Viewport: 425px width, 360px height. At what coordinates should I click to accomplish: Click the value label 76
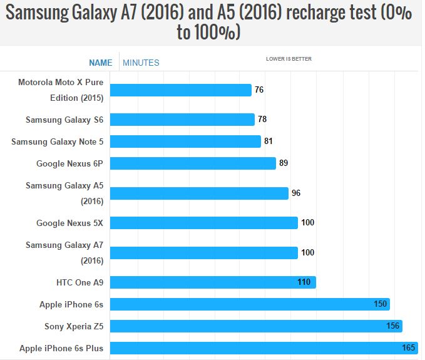(x=259, y=90)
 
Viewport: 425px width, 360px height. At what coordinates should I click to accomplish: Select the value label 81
(x=269, y=141)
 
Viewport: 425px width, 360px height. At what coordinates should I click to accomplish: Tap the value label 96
(x=296, y=193)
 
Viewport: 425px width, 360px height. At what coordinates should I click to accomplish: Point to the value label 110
(x=304, y=282)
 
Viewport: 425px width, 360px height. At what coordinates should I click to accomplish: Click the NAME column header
(x=101, y=63)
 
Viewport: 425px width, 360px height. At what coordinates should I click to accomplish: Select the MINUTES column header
(x=141, y=63)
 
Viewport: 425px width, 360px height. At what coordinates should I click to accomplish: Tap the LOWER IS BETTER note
(x=289, y=59)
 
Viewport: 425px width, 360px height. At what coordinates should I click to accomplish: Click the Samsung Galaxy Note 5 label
(x=57, y=141)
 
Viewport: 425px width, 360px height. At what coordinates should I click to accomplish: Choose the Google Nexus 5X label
(x=69, y=223)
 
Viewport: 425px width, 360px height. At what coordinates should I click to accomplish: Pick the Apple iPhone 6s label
(x=71, y=304)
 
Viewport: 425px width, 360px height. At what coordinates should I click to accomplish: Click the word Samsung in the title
(x=44, y=14)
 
